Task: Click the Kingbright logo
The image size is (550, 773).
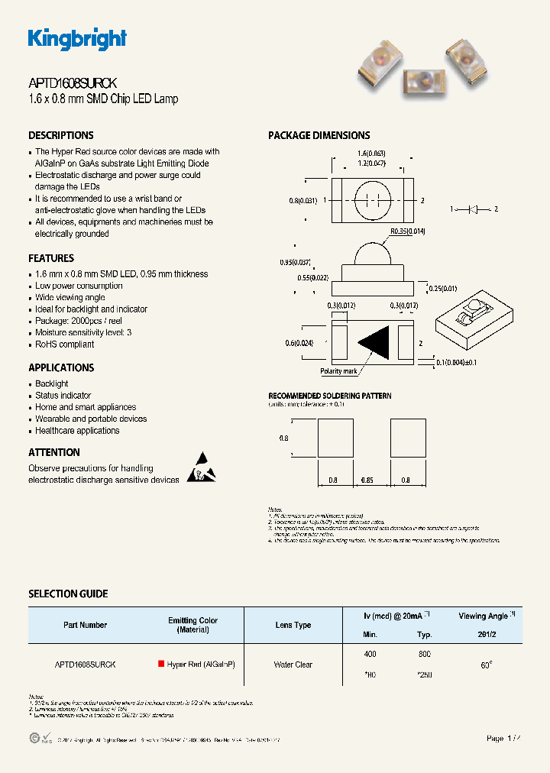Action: click(x=77, y=39)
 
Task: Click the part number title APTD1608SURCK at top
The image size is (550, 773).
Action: click(x=72, y=84)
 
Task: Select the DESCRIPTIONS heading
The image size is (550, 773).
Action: click(x=61, y=135)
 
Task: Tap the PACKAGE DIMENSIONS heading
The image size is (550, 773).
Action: click(x=319, y=135)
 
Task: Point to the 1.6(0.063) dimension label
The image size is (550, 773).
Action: click(x=372, y=154)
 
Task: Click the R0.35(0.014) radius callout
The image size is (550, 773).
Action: click(x=408, y=230)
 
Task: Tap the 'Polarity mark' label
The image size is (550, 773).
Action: click(x=339, y=371)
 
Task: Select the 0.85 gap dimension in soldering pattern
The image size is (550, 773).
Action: click(x=371, y=480)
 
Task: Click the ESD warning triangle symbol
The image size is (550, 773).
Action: click(x=202, y=468)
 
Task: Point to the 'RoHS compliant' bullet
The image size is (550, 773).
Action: click(x=65, y=344)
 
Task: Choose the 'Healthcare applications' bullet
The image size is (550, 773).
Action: click(x=77, y=431)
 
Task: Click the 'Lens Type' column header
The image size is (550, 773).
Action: click(x=293, y=625)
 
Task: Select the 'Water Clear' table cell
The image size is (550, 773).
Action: click(x=293, y=665)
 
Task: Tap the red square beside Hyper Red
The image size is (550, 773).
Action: click(x=161, y=665)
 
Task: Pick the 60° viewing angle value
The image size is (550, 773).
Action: click(x=486, y=665)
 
